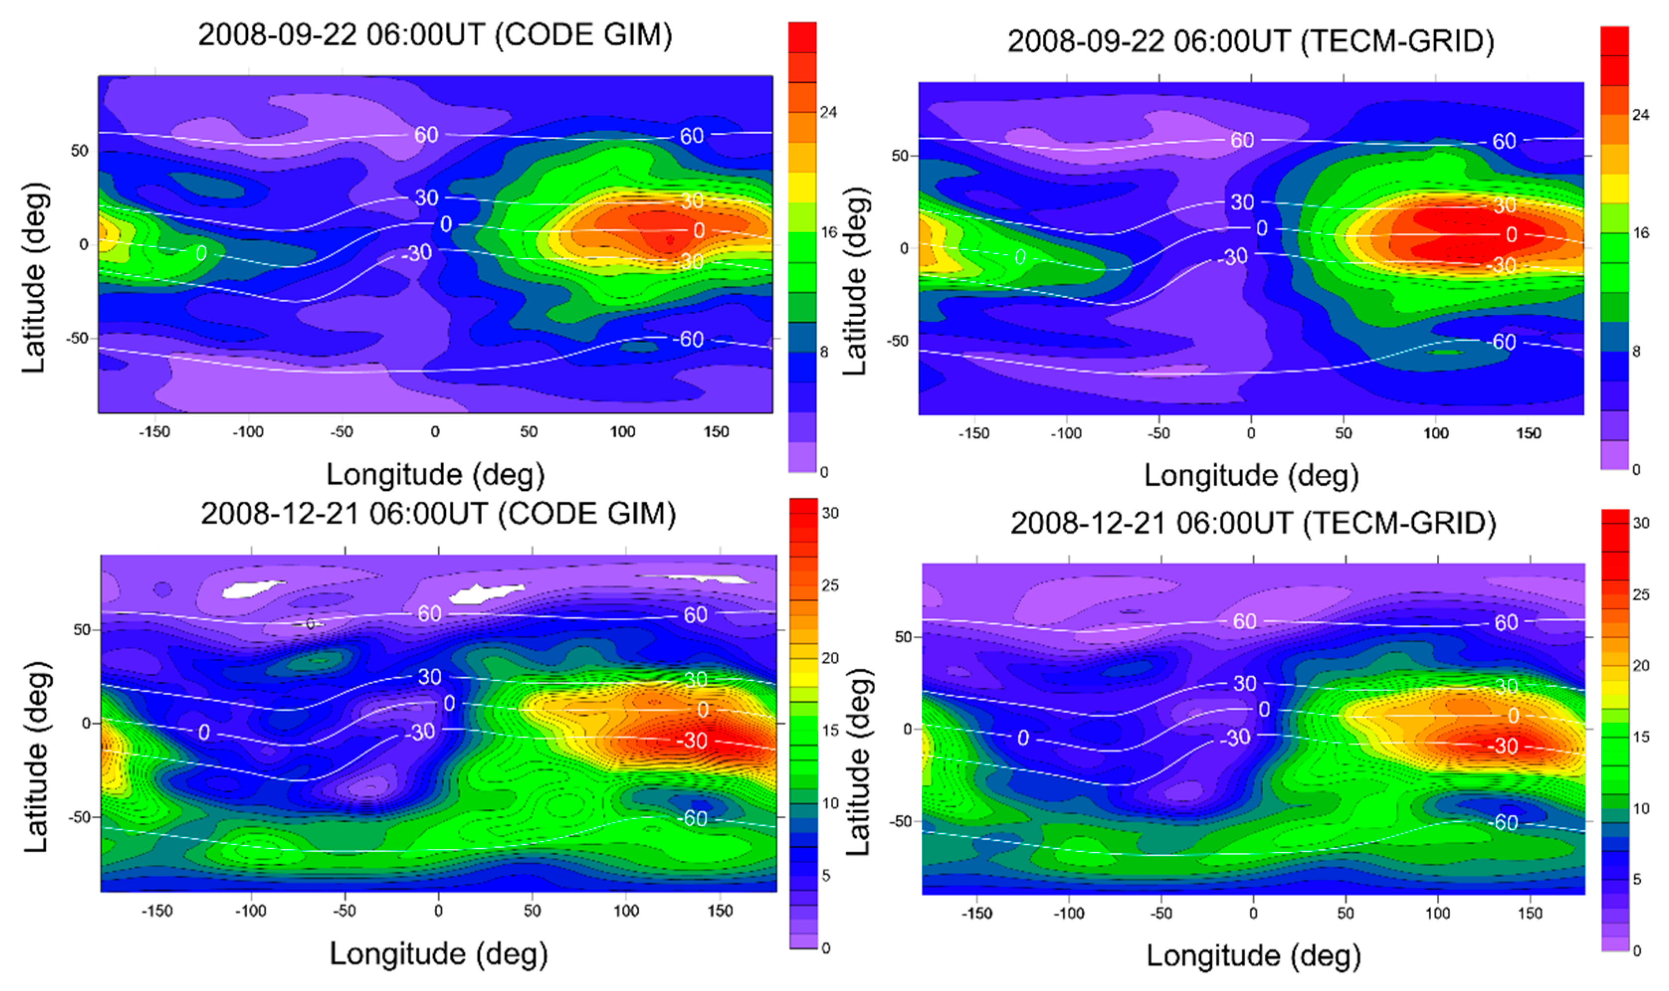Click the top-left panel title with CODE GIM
click(x=435, y=35)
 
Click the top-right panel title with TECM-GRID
click(x=1251, y=41)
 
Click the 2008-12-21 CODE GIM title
click(x=438, y=514)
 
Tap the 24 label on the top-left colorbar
click(x=828, y=112)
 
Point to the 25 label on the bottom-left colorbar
click(x=830, y=586)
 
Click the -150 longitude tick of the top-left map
click(x=154, y=432)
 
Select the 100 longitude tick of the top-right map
click(x=1436, y=434)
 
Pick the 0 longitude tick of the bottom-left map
click(x=438, y=911)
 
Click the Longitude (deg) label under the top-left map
click(x=435, y=475)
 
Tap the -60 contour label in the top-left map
click(x=687, y=339)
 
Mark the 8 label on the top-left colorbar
click(x=824, y=352)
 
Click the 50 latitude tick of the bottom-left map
click(x=82, y=630)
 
